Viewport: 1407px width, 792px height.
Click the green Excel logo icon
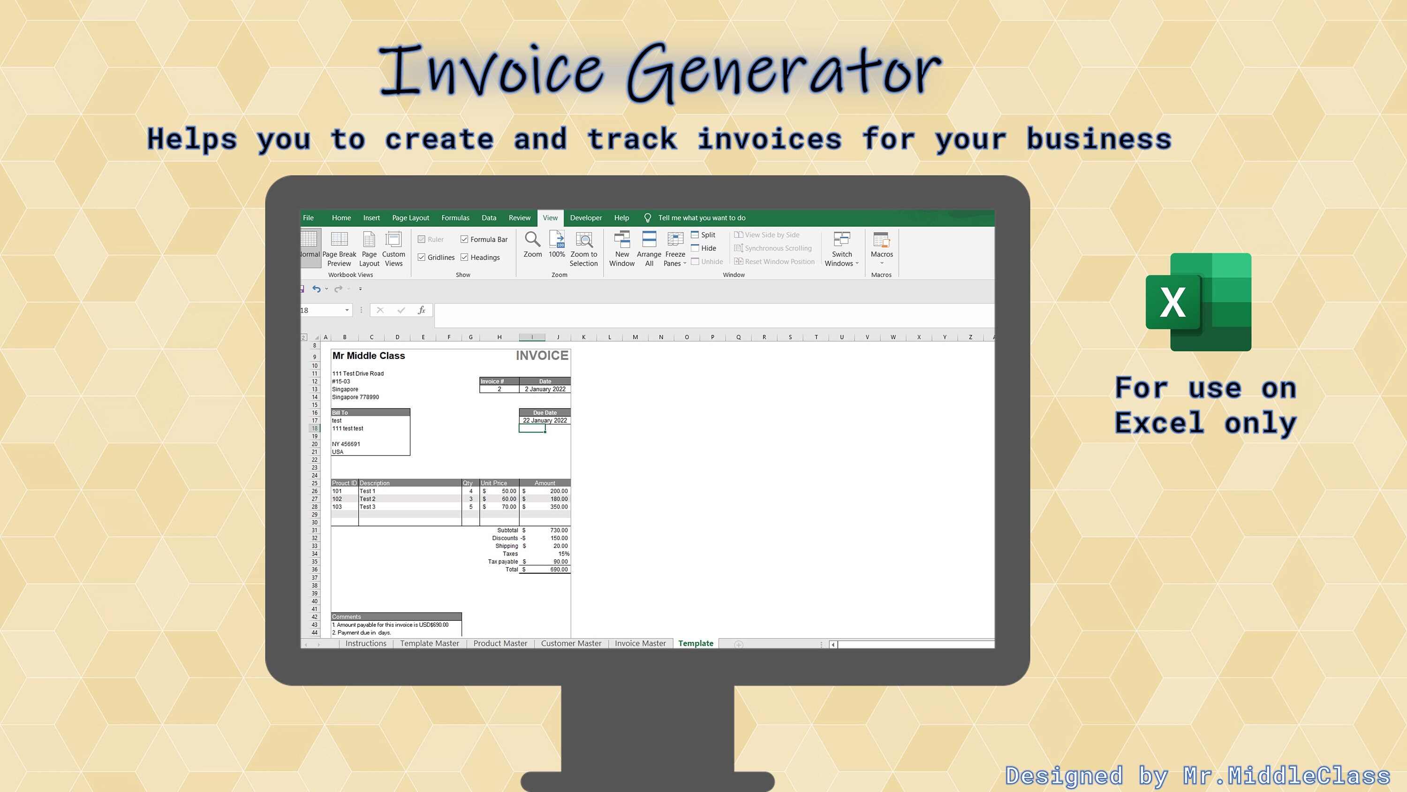1198,302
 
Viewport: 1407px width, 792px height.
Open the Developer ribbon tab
585,218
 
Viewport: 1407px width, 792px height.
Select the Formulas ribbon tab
455,218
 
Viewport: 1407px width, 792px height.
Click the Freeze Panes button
675,249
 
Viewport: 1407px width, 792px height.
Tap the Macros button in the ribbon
882,249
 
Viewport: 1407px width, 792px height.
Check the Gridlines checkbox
422,258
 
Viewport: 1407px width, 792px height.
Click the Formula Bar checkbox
464,239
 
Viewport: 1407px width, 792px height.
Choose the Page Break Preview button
339,249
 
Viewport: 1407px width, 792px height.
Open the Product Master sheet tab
500,643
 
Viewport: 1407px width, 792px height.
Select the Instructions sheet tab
366,643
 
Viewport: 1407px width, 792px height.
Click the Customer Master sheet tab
571,643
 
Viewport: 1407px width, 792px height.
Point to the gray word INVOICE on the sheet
542,356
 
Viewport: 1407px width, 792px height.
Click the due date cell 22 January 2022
545,420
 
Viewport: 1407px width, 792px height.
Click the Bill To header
371,413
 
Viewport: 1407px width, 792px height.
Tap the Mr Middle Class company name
369,356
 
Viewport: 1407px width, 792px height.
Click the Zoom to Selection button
583,249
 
